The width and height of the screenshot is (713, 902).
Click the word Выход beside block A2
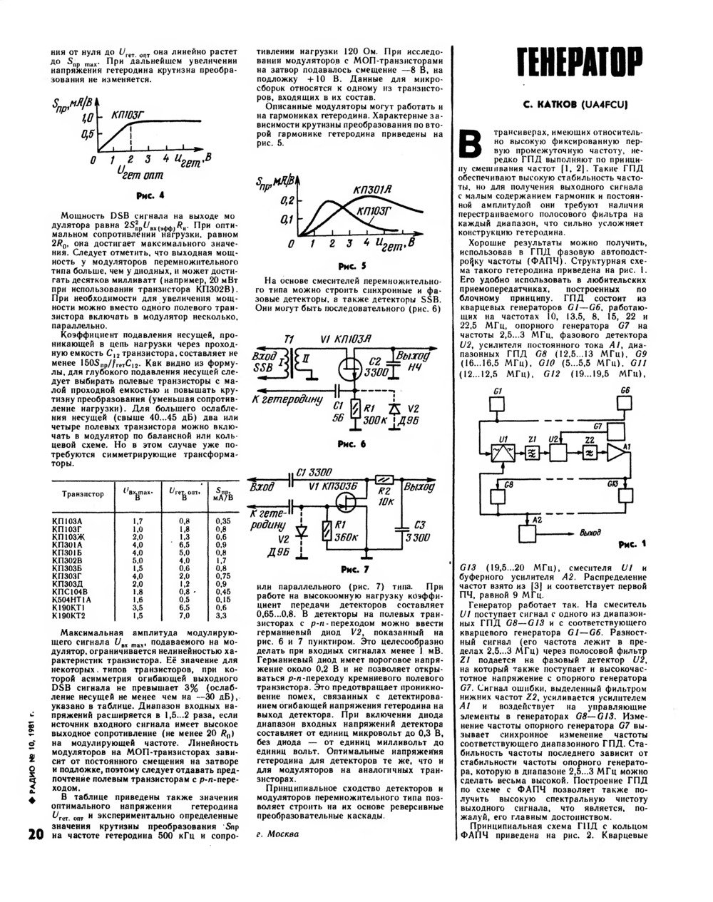click(590, 533)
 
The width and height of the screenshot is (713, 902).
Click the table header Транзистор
click(83, 493)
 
